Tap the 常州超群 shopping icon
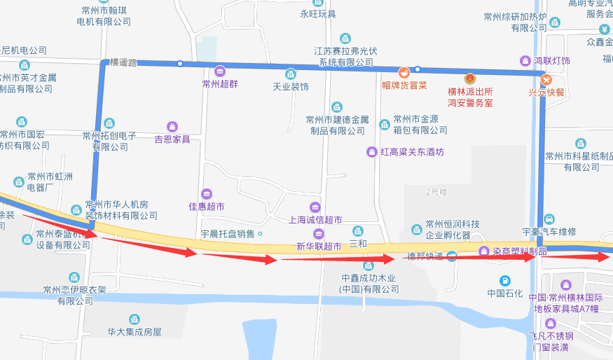tap(220, 71)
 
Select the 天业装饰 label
tap(291, 87)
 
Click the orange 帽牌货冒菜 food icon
tap(404, 73)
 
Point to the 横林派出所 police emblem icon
tap(470, 79)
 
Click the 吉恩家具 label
tap(172, 139)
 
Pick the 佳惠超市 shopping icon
tap(206, 194)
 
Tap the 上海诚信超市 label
tap(315, 220)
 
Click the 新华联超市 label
tap(318, 247)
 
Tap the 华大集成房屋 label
tap(135, 332)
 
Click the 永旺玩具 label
tap(318, 14)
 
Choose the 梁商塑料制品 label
tap(518, 251)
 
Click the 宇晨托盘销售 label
tap(228, 233)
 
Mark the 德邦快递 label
tap(425, 256)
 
